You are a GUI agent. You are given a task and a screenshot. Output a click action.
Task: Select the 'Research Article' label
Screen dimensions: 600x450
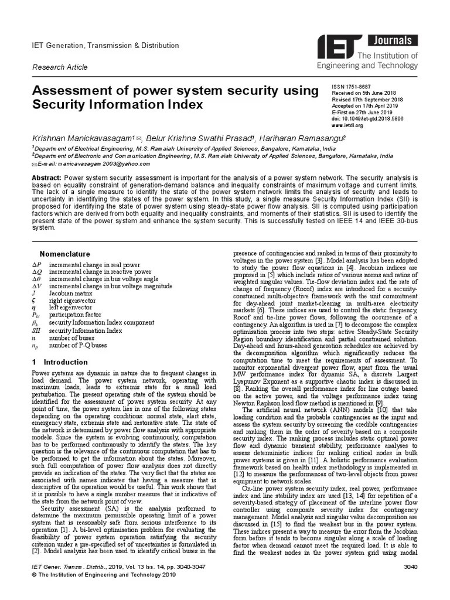[x=59, y=67]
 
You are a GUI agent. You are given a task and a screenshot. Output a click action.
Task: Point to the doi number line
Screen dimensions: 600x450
[x=367, y=119]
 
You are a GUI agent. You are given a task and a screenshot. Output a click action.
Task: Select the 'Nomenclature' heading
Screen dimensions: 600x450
[x=64, y=254]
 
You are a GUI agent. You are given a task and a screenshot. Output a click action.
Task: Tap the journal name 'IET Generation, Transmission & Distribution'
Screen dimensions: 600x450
[x=105, y=46]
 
